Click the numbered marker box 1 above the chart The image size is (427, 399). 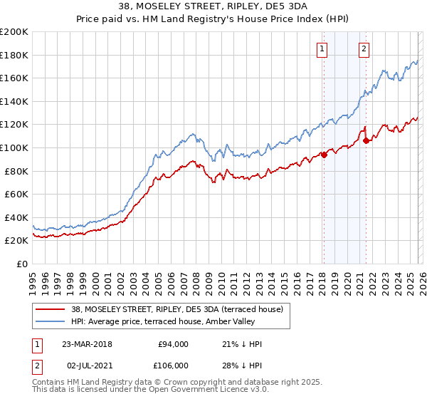click(322, 49)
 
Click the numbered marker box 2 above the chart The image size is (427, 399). click(364, 49)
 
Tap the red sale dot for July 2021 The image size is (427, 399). click(366, 140)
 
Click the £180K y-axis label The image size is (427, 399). click(14, 55)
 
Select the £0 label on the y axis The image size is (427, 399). click(21, 264)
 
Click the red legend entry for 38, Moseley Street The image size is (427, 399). click(176, 309)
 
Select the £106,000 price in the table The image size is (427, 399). click(173, 366)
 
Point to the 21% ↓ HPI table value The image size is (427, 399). click(241, 344)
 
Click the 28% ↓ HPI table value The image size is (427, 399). click(241, 366)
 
